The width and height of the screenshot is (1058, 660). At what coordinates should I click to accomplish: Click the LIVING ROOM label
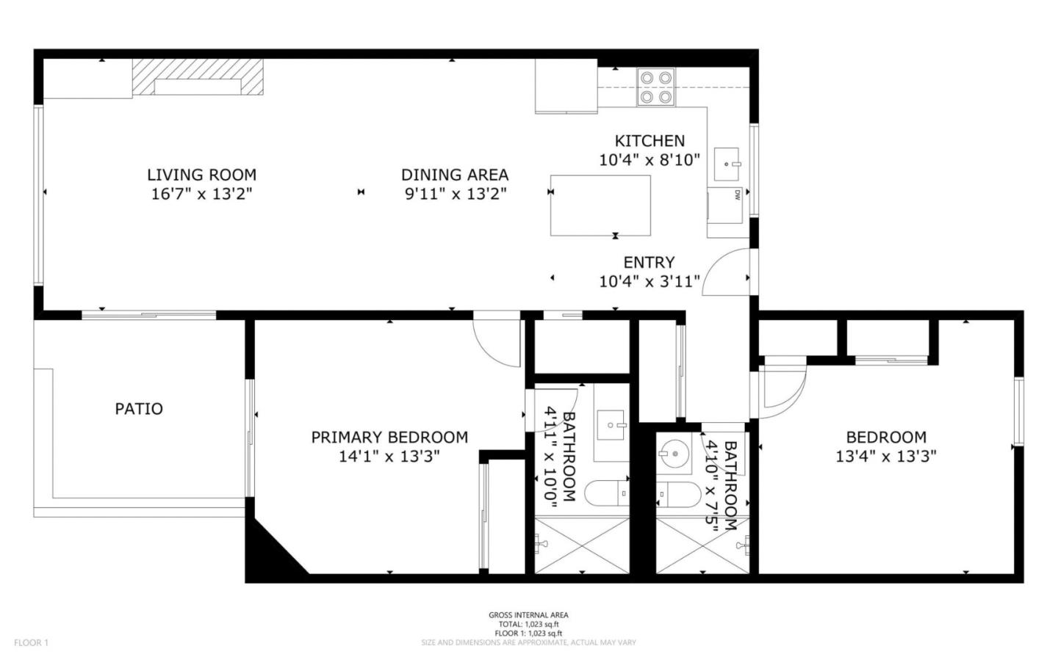point(201,175)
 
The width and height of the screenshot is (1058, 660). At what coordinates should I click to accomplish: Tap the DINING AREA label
point(455,175)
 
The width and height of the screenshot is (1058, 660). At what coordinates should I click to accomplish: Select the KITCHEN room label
point(649,141)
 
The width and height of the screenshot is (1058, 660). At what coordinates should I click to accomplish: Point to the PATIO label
point(139,409)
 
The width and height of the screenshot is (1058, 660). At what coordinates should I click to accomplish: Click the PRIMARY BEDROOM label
point(389,438)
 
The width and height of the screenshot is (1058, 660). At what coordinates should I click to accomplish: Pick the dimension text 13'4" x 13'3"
point(885,456)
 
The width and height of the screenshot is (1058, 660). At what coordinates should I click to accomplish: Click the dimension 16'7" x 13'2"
point(201,194)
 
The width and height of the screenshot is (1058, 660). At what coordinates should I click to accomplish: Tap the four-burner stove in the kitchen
point(656,87)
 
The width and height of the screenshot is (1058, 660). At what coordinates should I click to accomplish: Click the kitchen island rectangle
point(600,205)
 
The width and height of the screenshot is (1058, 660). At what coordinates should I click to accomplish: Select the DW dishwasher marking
point(735,195)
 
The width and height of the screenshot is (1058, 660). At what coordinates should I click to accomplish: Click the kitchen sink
point(727,164)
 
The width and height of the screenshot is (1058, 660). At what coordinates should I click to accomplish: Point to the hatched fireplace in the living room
point(198,77)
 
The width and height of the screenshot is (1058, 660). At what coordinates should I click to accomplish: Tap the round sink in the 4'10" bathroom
point(672,454)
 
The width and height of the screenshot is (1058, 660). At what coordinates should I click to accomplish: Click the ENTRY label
point(649,263)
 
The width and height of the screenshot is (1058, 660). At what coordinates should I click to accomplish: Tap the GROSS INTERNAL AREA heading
point(528,615)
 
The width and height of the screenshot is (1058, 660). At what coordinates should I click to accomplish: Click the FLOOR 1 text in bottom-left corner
point(31,643)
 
